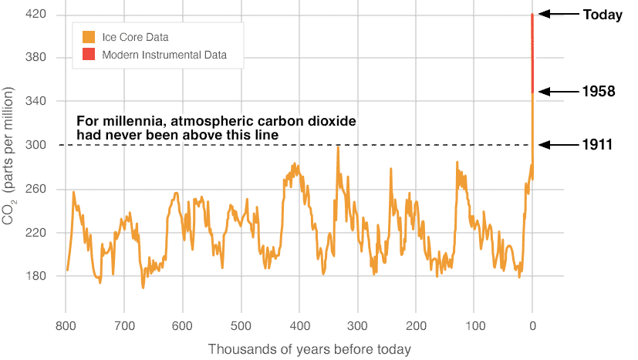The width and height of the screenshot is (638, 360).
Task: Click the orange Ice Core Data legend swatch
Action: pos(89,37)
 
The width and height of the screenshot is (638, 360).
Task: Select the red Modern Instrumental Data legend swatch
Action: pos(89,55)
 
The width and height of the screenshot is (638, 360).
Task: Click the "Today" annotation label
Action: pos(603,15)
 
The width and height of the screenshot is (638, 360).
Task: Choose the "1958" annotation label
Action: pos(599,92)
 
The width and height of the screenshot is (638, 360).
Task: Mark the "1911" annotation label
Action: pos(598,144)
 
